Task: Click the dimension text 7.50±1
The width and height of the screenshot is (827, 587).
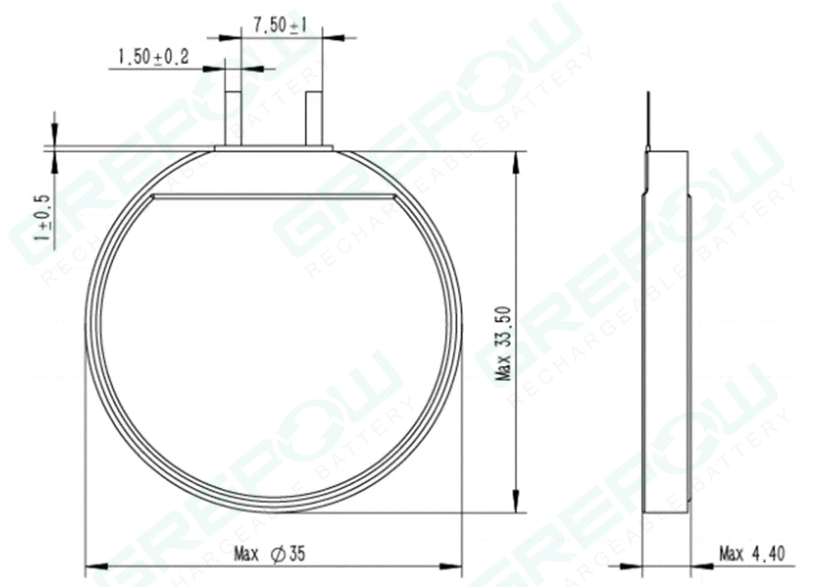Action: [280, 25]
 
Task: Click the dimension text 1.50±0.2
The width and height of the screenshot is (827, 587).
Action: [154, 57]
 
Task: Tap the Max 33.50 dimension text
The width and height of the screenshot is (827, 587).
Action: [503, 343]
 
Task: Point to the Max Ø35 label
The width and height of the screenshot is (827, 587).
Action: [270, 554]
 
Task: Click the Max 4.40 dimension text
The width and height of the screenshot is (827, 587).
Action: [751, 554]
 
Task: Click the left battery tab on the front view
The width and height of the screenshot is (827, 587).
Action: [234, 117]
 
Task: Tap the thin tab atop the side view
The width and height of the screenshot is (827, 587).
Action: [647, 121]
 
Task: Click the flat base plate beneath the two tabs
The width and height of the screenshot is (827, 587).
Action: [273, 149]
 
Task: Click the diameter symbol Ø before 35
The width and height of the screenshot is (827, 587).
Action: [278, 554]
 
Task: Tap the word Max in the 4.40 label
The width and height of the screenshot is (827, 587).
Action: [731, 554]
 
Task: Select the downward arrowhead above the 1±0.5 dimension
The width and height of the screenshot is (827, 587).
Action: [54, 137]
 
